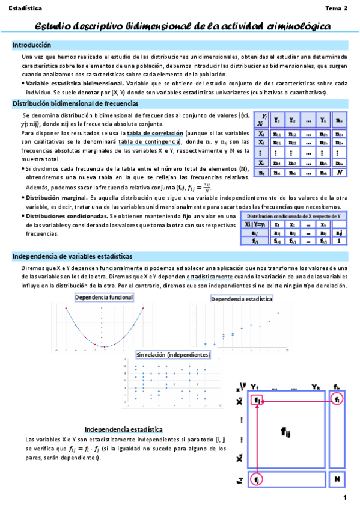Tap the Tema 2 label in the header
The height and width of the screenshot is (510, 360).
(x=337, y=9)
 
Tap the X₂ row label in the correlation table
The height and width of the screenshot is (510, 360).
(x=262, y=143)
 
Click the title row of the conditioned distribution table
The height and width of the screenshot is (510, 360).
(x=298, y=215)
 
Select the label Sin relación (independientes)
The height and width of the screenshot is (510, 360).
(x=173, y=355)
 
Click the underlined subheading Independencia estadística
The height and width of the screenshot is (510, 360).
(x=123, y=429)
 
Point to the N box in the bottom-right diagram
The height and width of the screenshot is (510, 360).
(x=338, y=481)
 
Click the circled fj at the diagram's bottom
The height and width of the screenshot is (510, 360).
(x=257, y=480)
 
